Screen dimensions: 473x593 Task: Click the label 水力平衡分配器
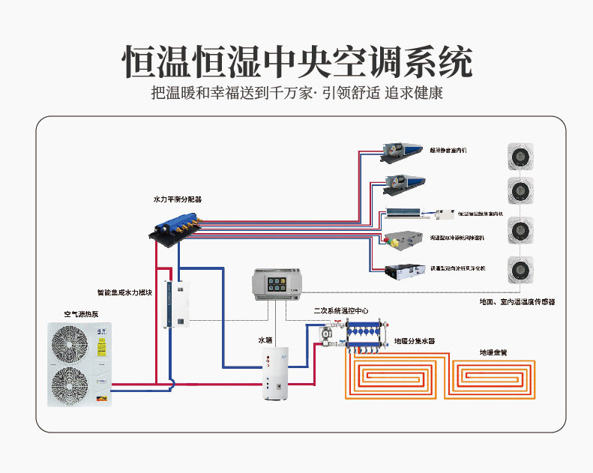pos(178,199)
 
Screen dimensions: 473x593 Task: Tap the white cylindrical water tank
pos(275,373)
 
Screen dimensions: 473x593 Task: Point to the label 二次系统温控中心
pos(340,310)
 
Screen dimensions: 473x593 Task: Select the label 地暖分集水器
pos(415,341)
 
